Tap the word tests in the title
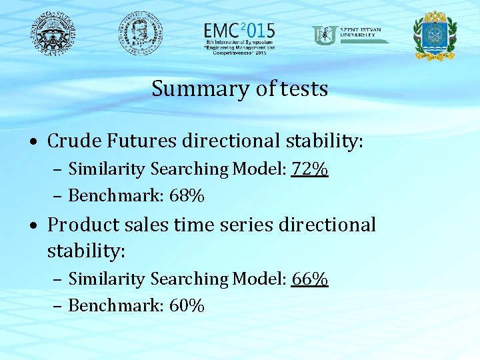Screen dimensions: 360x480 click(304, 89)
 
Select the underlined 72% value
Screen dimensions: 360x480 click(309, 169)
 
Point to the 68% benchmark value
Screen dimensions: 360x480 click(187, 196)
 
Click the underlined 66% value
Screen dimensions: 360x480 click(309, 279)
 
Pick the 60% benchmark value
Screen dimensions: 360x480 click(187, 305)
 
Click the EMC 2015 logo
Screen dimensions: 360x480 click(239, 37)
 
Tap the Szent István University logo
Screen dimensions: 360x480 click(349, 35)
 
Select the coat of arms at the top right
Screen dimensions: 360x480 click(435, 35)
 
